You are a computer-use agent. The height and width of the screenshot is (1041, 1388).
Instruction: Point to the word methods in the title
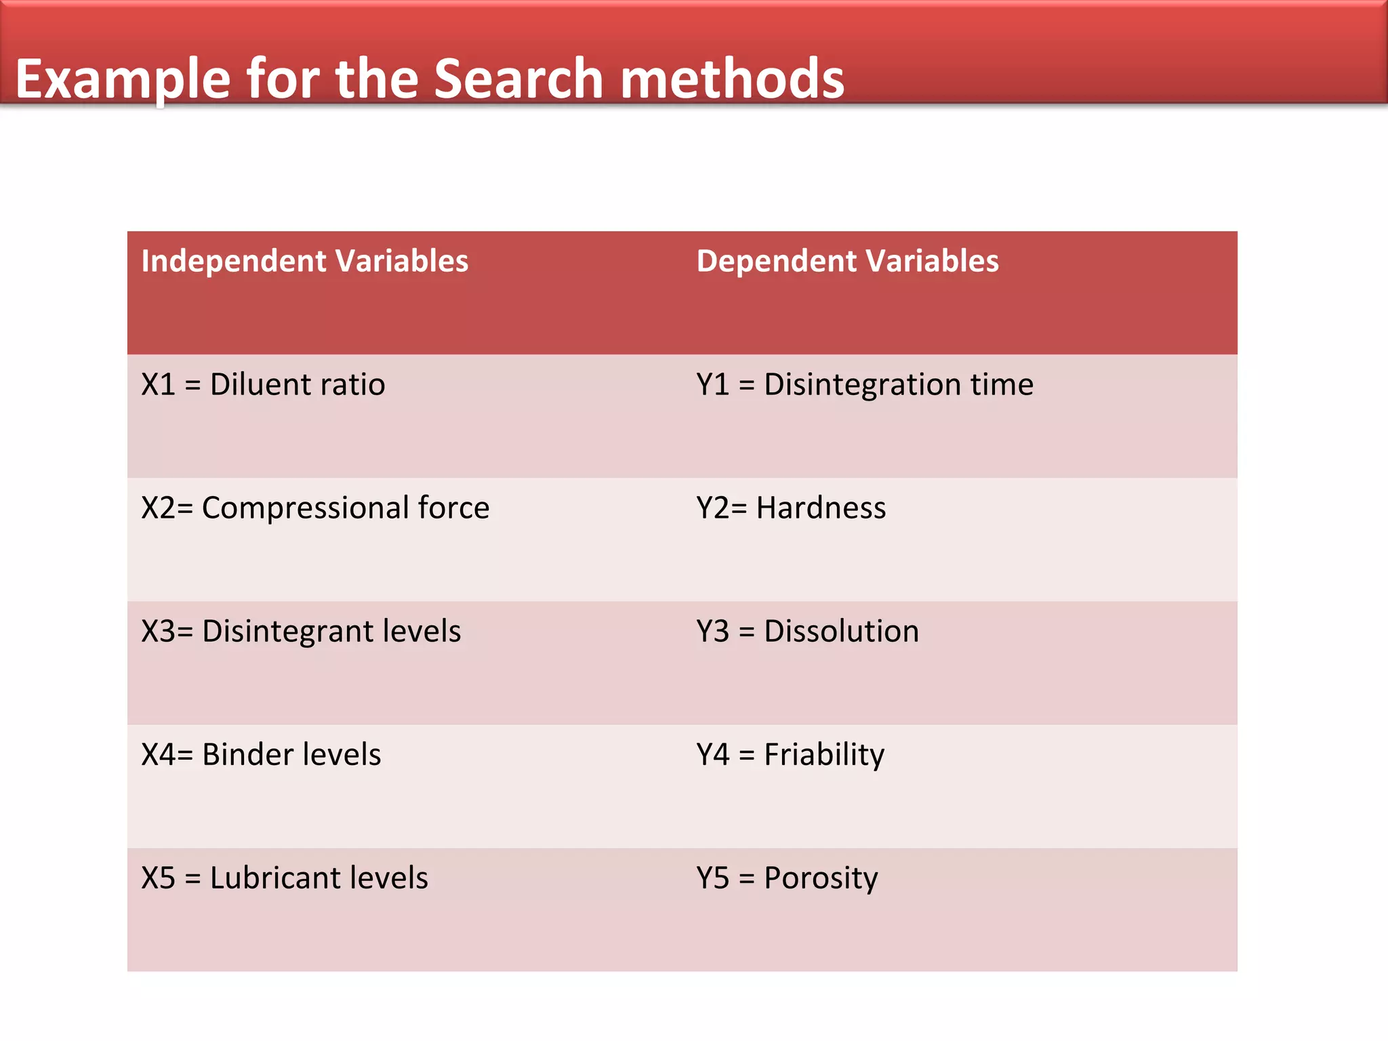point(732,79)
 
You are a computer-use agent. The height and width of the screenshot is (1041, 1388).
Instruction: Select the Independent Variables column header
point(304,261)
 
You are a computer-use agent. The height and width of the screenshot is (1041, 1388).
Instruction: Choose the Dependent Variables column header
point(847,261)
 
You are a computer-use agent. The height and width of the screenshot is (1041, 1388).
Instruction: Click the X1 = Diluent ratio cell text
point(263,385)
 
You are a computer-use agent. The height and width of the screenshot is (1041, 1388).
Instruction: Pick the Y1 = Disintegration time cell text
point(865,385)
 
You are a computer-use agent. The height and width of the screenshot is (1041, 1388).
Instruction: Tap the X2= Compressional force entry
point(315,508)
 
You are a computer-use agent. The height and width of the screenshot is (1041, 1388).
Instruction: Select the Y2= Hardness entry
point(791,508)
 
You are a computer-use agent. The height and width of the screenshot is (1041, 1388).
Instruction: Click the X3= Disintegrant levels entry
point(301,632)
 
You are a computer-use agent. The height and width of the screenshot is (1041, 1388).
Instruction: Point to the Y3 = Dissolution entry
point(807,632)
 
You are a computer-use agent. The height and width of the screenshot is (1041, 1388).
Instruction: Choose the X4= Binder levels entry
point(261,755)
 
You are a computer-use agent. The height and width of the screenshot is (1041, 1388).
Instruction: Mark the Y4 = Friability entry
point(790,755)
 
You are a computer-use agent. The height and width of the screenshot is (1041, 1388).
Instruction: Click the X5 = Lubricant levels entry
point(285,878)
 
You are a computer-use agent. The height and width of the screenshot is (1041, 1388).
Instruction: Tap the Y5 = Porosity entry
point(787,878)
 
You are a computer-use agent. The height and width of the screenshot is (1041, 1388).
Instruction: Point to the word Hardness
point(821,508)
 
